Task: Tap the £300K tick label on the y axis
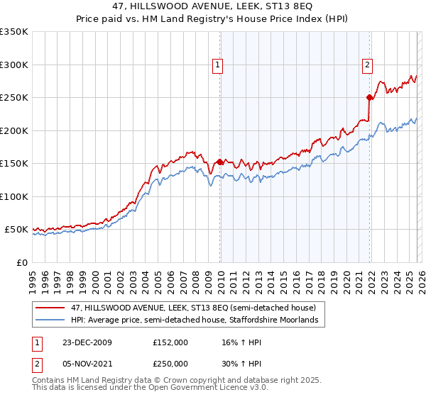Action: tap(14, 65)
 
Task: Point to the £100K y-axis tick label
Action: tap(14, 196)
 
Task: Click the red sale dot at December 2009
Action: tap(220, 162)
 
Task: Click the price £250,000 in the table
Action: tap(170, 362)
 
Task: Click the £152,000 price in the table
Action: tap(170, 342)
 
